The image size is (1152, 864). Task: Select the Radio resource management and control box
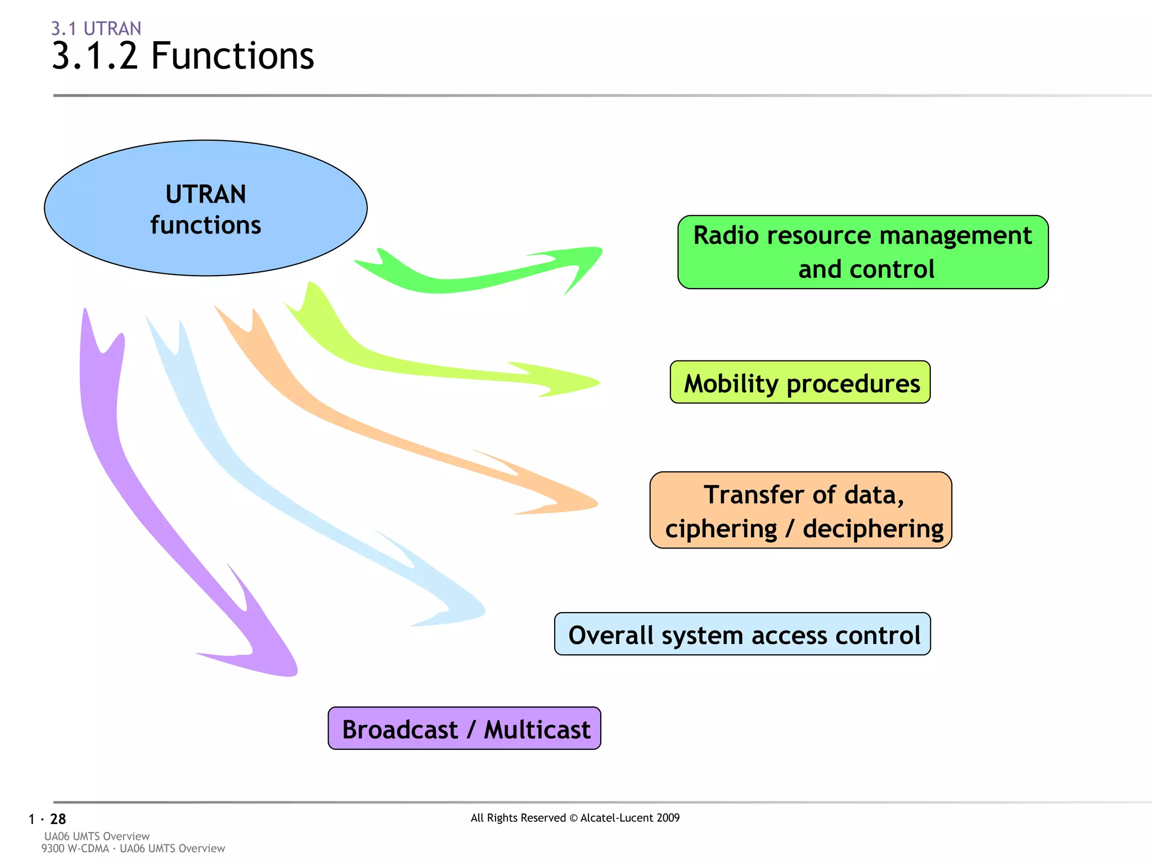point(862,252)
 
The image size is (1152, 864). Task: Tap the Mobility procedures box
point(800,382)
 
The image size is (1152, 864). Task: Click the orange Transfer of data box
point(800,510)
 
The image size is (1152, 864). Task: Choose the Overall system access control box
point(742,634)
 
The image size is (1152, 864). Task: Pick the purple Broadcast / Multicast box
point(465,728)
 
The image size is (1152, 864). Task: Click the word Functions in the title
point(232,56)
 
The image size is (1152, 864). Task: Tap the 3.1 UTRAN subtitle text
point(96,28)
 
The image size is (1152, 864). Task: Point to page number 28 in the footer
point(58,819)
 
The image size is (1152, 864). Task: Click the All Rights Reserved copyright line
point(575,818)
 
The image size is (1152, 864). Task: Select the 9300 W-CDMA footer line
point(133,848)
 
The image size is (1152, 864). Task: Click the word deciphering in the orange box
point(872,529)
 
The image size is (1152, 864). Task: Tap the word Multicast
point(537,730)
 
